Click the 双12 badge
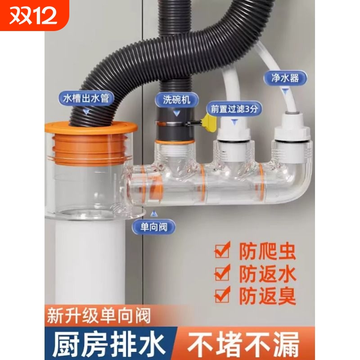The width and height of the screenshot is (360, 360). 34,16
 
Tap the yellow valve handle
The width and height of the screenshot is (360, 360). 207,121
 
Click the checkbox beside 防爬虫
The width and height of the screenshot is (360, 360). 221,251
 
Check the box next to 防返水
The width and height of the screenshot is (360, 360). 221,273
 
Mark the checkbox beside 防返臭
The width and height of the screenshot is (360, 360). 221,295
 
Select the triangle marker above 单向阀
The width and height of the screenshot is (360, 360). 155,211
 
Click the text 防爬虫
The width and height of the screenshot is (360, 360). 266,251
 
